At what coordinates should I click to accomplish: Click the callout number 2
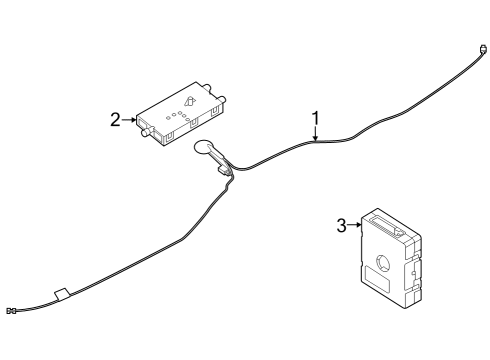[115, 120]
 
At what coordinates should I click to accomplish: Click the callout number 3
[341, 226]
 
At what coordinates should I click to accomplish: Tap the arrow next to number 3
[354, 227]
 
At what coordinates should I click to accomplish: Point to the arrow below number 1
[315, 137]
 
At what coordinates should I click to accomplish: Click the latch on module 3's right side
[413, 270]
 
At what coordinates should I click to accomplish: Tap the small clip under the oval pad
[229, 172]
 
